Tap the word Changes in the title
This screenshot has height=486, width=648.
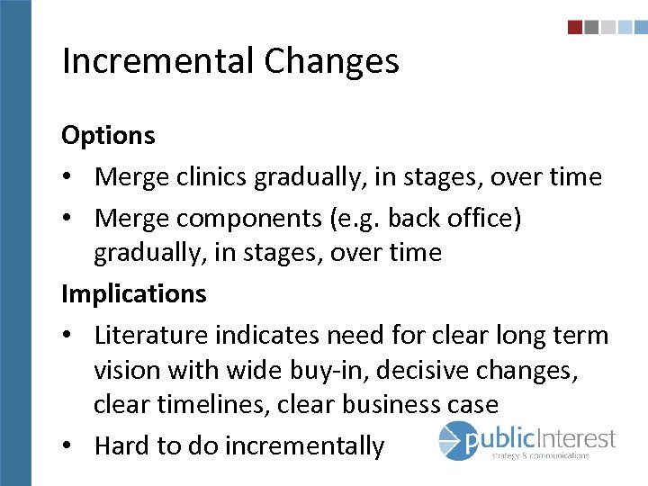331,61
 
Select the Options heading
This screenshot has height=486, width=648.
108,136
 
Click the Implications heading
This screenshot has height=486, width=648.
134,293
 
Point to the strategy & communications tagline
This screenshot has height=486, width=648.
540,456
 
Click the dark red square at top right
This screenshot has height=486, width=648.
575,28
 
